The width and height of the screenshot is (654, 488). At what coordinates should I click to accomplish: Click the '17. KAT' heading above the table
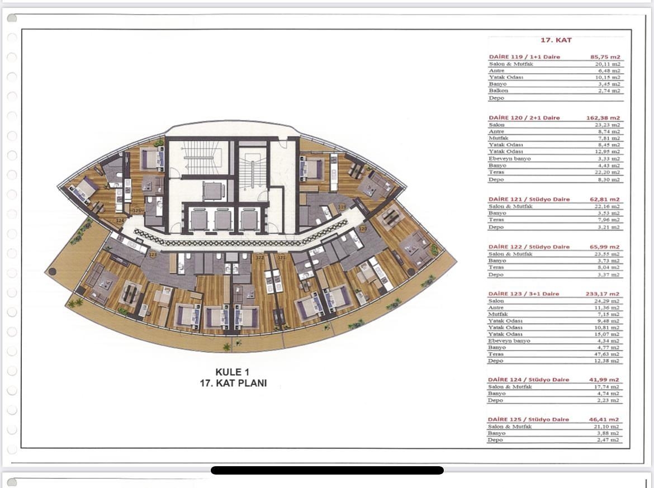pos(556,40)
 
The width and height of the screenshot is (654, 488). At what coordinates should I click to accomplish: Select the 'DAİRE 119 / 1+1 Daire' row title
pos(524,57)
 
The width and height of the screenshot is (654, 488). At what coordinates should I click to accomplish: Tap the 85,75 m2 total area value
pos(605,57)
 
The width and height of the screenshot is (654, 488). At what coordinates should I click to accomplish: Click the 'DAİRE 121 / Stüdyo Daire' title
pos(529,200)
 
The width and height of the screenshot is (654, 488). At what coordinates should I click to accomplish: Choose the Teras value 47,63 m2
pos(608,354)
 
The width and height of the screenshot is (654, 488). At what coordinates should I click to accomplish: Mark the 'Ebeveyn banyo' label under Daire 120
pos(509,159)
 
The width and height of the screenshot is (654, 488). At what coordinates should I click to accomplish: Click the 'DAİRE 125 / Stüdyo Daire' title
pos(528,419)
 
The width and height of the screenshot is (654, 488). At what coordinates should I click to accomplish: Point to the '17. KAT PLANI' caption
pos(233,383)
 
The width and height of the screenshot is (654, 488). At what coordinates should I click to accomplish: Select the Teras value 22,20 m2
pos(608,173)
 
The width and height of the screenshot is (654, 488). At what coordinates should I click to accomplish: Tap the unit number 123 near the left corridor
pos(153,254)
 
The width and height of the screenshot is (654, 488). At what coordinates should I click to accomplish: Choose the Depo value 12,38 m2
pos(608,361)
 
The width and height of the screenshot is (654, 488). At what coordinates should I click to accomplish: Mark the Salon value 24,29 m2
pos(608,301)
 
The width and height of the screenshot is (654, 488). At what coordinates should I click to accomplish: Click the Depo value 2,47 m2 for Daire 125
pos(610,440)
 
